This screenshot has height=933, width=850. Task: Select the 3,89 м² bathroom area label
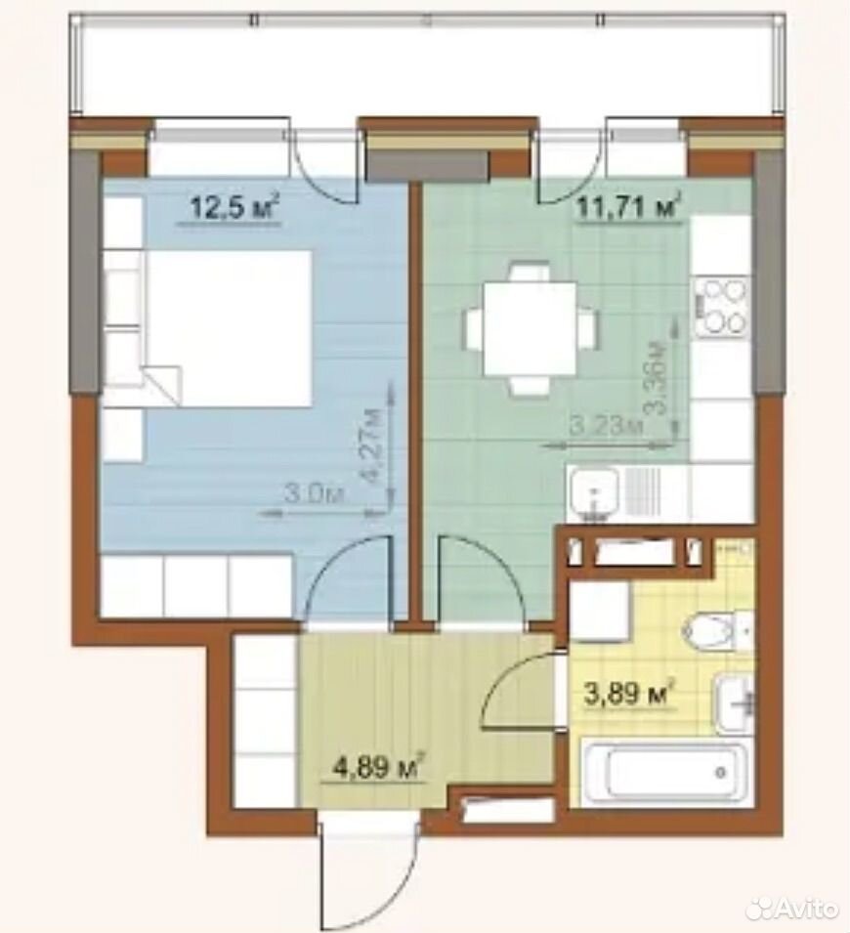coord(630,693)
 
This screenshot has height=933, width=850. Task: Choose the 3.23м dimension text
coord(607,426)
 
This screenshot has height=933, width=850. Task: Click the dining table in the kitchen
coord(530,329)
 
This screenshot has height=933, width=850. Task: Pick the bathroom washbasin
coord(735,704)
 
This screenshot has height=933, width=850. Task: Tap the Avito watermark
coord(794,908)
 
